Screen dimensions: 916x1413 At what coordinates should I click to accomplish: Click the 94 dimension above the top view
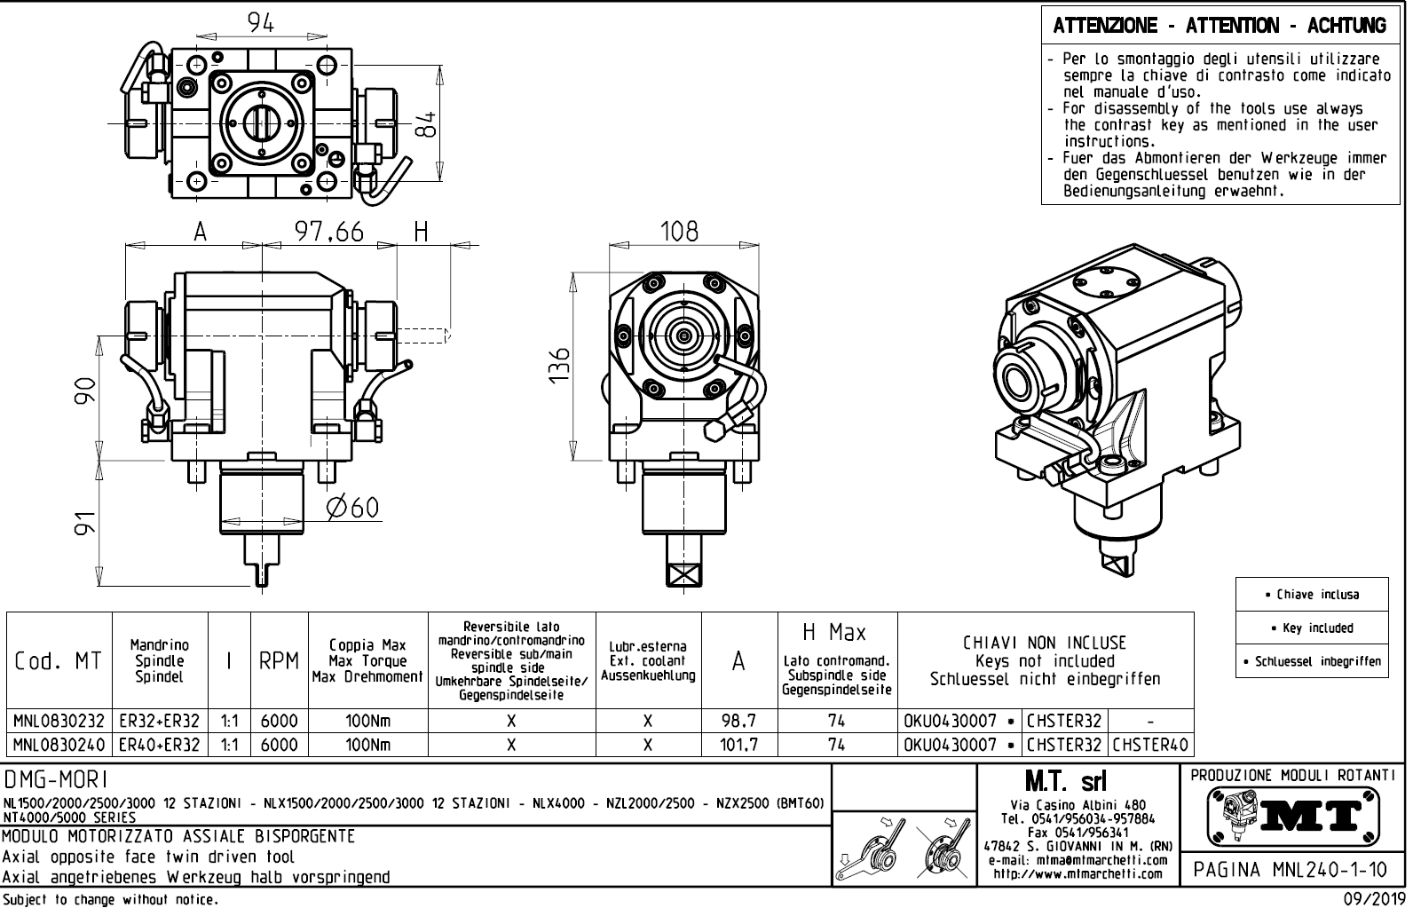click(x=261, y=24)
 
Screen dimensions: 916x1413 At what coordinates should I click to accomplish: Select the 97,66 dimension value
click(x=329, y=233)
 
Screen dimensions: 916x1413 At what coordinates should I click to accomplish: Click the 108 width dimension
click(x=679, y=233)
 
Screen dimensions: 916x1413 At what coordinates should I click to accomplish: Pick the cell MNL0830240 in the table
click(x=59, y=745)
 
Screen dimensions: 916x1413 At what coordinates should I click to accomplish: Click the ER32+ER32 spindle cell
click(x=160, y=721)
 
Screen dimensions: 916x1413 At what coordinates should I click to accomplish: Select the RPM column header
click(x=278, y=661)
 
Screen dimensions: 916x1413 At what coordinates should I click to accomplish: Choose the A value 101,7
click(x=738, y=745)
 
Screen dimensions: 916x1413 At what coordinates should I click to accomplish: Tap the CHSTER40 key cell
click(x=1151, y=745)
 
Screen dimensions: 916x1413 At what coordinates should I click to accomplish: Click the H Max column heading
click(x=836, y=633)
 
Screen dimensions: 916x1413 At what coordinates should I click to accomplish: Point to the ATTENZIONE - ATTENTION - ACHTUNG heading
click(x=1220, y=26)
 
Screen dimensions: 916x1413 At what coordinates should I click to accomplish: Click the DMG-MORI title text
click(x=57, y=780)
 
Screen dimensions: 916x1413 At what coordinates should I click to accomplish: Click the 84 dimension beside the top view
click(x=429, y=125)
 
